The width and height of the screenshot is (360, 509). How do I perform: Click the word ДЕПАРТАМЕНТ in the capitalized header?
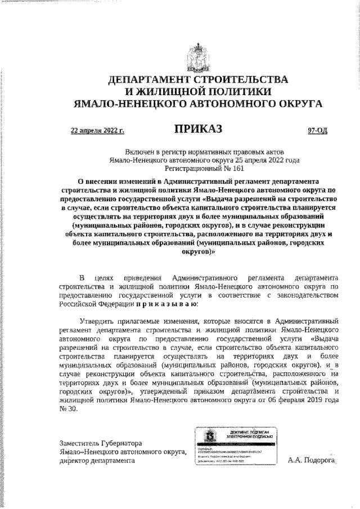[150, 80]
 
